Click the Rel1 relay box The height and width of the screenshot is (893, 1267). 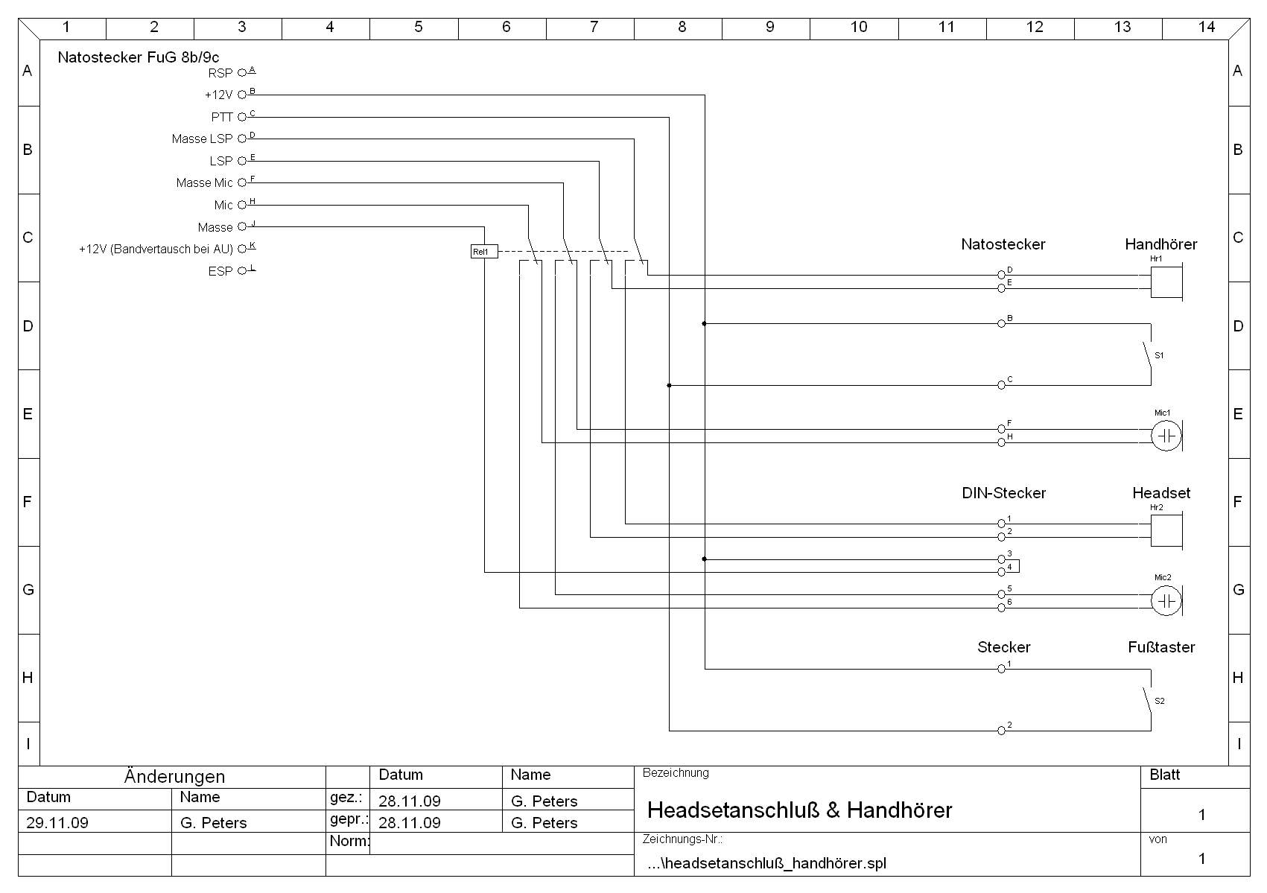pyautogui.click(x=483, y=252)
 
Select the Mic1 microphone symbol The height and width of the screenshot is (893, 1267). pyautogui.click(x=1166, y=436)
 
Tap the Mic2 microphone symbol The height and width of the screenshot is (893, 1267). pyautogui.click(x=1166, y=600)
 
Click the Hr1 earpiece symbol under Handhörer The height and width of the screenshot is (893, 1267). pyautogui.click(x=1166, y=282)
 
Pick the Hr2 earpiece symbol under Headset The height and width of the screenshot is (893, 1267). pyautogui.click(x=1166, y=530)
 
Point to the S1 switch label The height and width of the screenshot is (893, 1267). pyautogui.click(x=1159, y=356)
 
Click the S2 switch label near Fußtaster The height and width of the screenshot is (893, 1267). pyautogui.click(x=1159, y=701)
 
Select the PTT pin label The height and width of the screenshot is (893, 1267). pyautogui.click(x=222, y=117)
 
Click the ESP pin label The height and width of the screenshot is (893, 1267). pyautogui.click(x=220, y=271)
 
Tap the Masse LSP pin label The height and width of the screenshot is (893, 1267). pyautogui.click(x=202, y=139)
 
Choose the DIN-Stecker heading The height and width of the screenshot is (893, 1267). pyautogui.click(x=1003, y=493)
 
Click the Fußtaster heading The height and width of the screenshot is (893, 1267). pyautogui.click(x=1160, y=647)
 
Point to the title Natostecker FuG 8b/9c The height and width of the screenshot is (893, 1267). pyautogui.click(x=139, y=57)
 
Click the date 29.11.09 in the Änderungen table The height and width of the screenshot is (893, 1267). pyautogui.click(x=57, y=822)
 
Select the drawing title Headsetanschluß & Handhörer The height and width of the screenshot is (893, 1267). pyautogui.click(x=799, y=810)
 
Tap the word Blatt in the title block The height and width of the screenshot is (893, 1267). pyautogui.click(x=1164, y=775)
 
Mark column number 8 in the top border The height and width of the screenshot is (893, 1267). pyautogui.click(x=682, y=27)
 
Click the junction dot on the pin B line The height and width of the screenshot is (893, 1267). pyautogui.click(x=704, y=324)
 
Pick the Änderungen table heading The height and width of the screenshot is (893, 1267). pyautogui.click(x=174, y=776)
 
